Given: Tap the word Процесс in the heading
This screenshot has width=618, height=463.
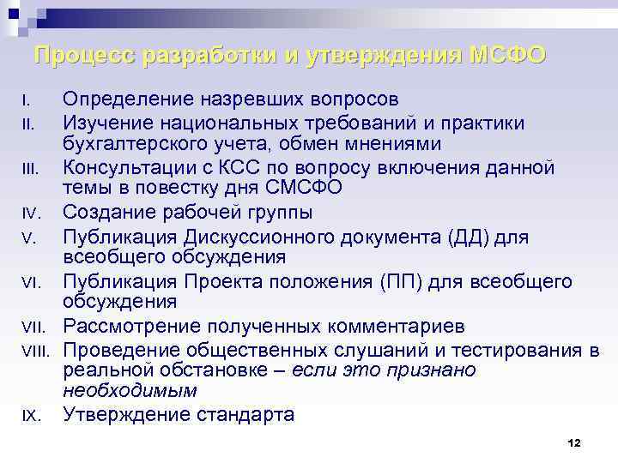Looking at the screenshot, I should point(84,56).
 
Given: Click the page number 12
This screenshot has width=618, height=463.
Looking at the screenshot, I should point(575,442).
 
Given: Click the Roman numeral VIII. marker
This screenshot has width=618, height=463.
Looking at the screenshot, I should point(37,350).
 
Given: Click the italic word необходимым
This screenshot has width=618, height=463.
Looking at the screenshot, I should point(130,391).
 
